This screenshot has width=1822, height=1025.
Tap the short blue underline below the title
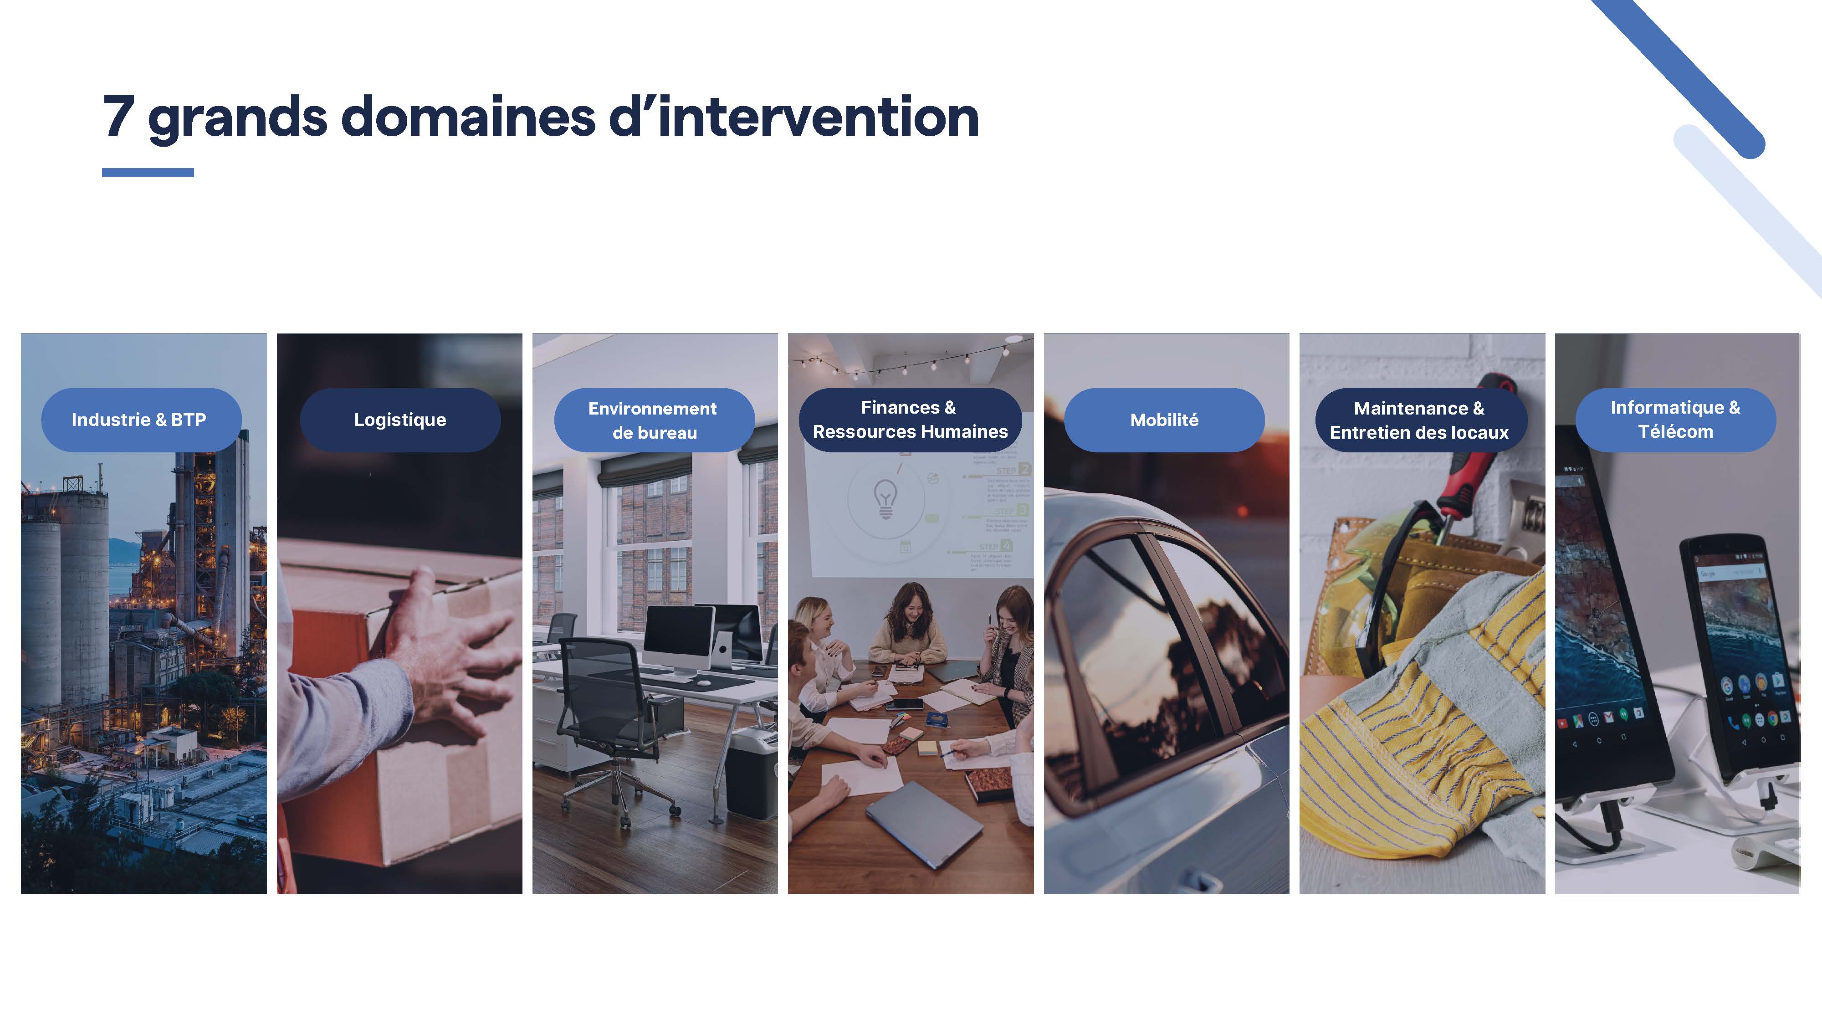tap(148, 172)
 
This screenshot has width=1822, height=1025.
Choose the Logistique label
tap(400, 420)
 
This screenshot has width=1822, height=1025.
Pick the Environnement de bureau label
tap(654, 420)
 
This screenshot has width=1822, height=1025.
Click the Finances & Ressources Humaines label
tap(910, 420)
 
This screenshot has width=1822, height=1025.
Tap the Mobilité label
tap(1164, 420)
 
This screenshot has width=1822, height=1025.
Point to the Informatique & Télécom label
tap(1676, 420)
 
